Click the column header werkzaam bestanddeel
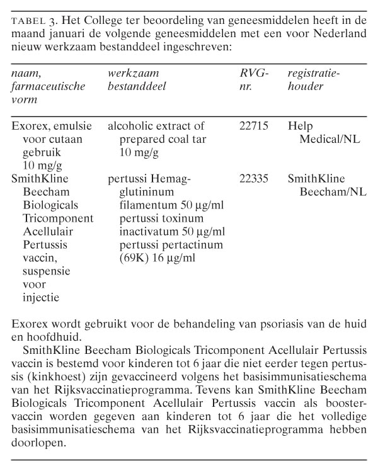[137, 80]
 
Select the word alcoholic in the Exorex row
[130, 125]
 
